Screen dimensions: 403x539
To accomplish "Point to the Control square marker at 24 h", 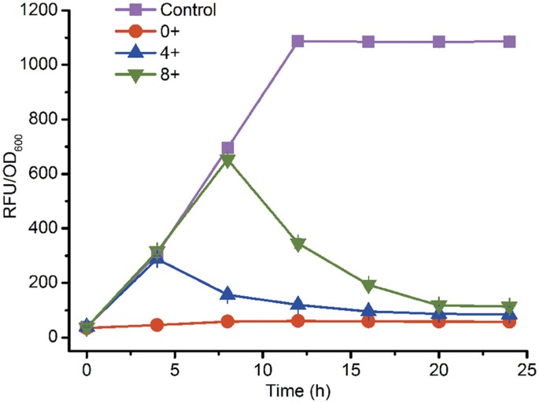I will click(x=510, y=41).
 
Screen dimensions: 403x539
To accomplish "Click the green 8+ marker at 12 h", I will click(x=298, y=245).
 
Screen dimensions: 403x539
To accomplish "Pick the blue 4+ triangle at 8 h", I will click(x=227, y=294).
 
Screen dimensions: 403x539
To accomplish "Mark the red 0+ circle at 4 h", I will click(x=157, y=324).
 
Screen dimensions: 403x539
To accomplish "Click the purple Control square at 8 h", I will click(x=227, y=148).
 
